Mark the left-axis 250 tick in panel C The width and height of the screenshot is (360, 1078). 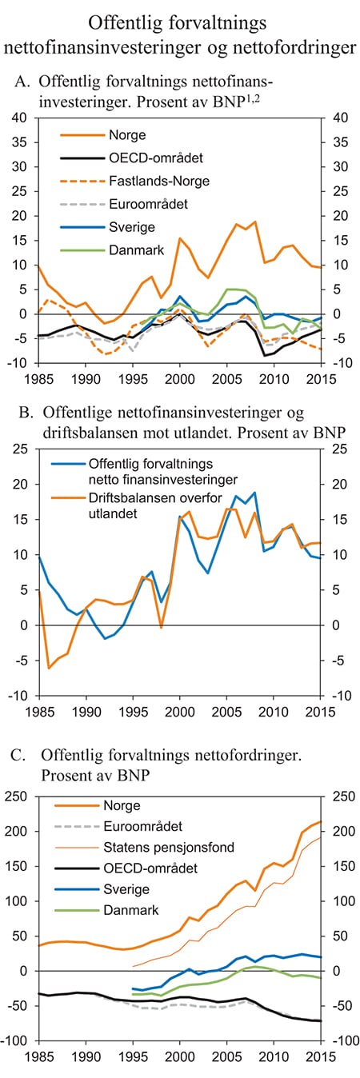coord(16,797)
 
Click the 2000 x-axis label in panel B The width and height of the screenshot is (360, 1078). coord(180,710)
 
